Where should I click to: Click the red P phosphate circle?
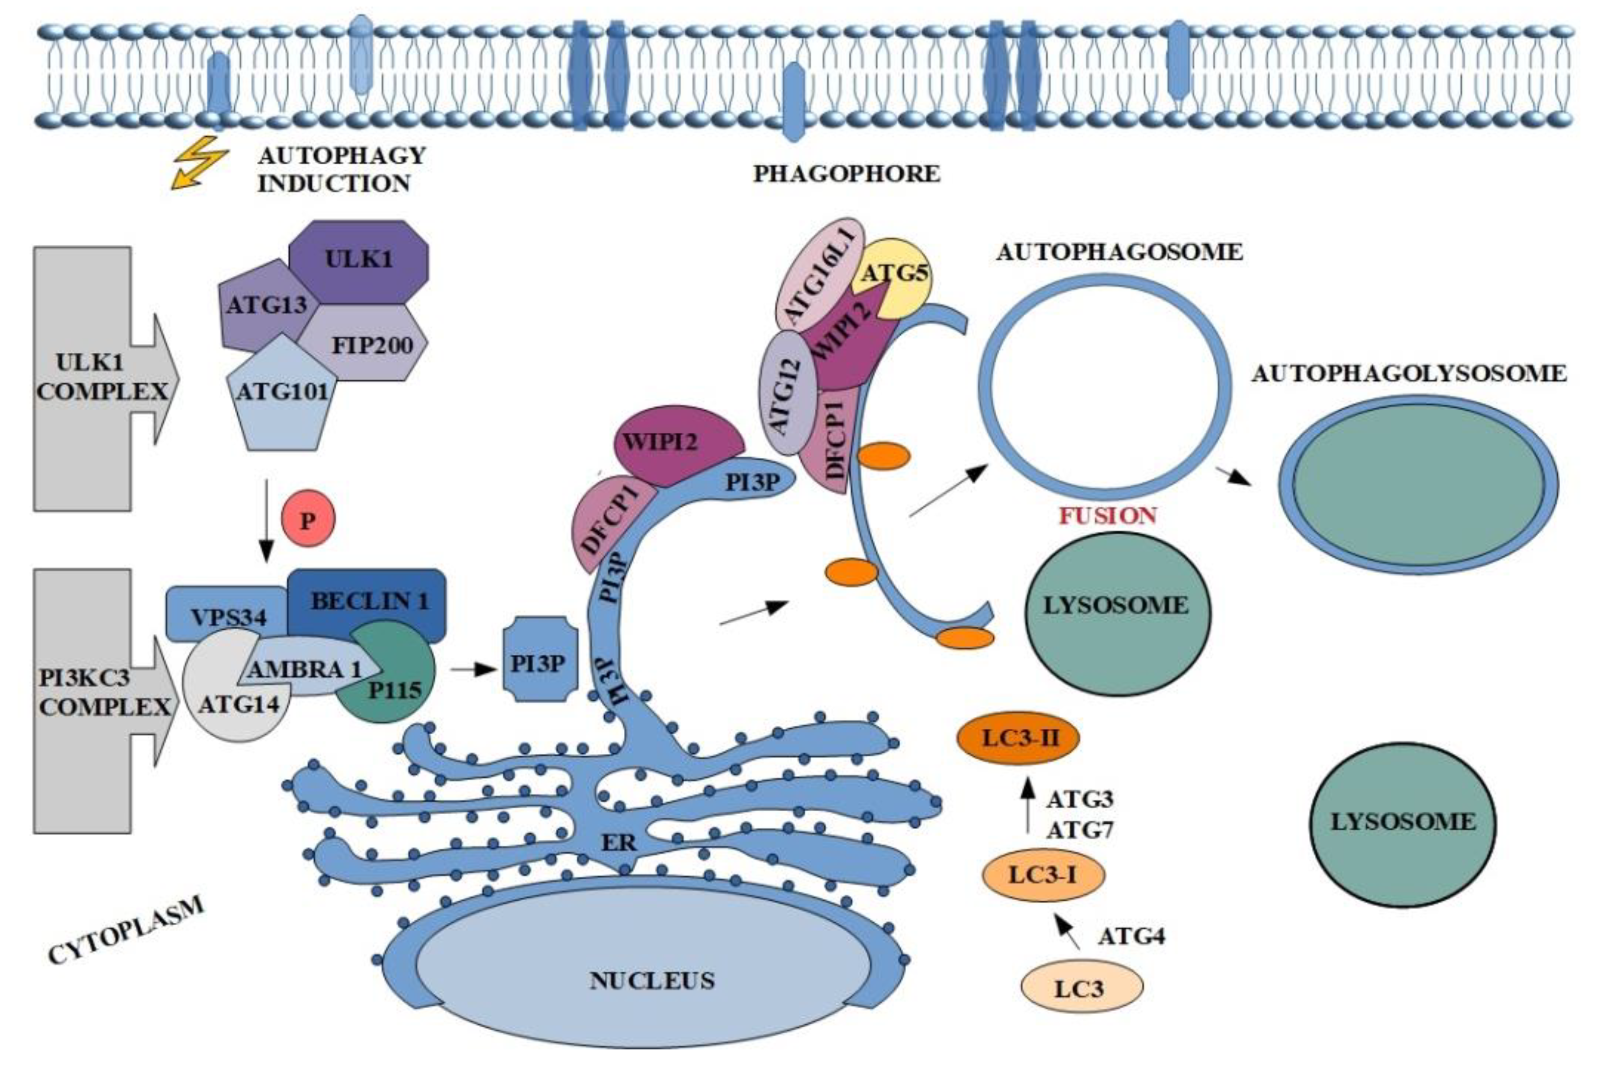pos(309,520)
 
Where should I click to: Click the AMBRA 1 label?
pos(303,669)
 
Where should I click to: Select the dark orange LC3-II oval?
pos(1018,738)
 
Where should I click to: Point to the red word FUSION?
pos(1107,516)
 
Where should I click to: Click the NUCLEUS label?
pos(652,981)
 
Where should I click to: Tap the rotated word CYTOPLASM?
pos(126,930)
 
